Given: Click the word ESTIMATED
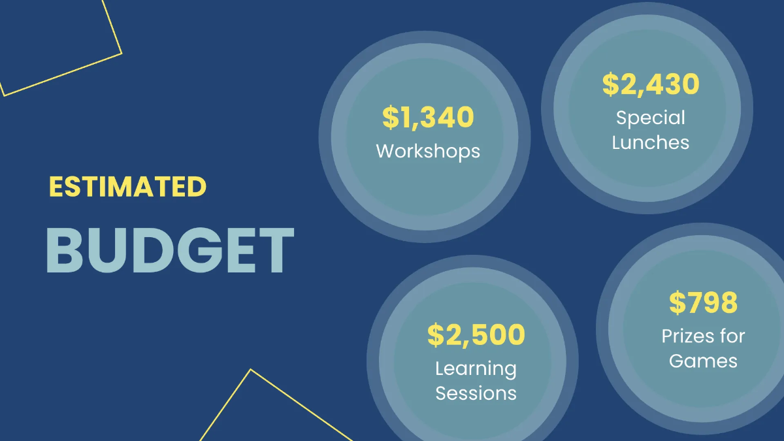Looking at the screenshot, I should point(127,188).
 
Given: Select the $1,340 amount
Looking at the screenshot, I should point(428,118).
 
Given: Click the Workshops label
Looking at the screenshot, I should point(428,152).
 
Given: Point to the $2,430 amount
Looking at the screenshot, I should point(651,84).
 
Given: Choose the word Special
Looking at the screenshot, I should point(651,118).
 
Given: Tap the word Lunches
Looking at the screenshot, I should point(651,142).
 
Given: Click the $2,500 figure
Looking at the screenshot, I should point(476,335).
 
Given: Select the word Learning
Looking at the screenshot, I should point(476,368).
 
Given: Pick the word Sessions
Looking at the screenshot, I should point(476,393).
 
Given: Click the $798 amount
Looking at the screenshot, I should point(703,302).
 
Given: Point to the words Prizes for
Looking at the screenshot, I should point(703,336).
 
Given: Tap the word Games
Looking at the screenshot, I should point(703,361).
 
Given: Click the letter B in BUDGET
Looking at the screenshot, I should point(66,251).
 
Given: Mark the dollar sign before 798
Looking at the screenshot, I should point(678,302).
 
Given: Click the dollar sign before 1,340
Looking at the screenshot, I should point(390,118).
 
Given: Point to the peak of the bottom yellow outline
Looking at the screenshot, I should point(250,370).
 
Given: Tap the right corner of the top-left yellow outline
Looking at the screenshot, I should point(122,53).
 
